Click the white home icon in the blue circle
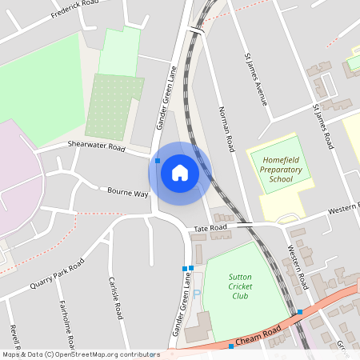[x=179, y=173]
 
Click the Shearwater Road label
[x=97, y=147]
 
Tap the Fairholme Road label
[x=66, y=324]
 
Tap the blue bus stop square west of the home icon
[x=158, y=161]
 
